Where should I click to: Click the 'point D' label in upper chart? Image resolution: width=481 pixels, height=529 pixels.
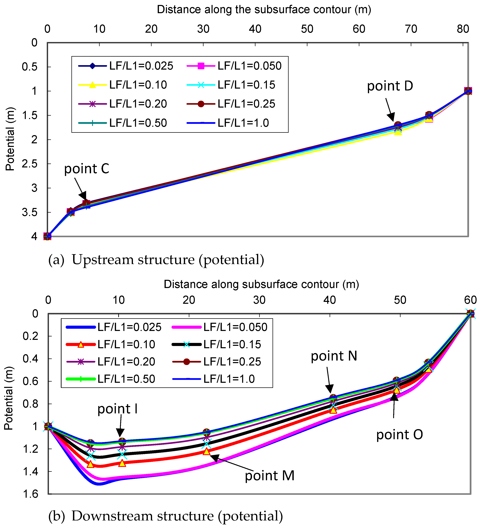390,86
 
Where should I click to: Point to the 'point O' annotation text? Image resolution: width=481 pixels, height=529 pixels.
399,435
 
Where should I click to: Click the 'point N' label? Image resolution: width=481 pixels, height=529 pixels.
334,356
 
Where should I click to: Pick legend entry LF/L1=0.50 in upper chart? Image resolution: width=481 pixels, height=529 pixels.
138,123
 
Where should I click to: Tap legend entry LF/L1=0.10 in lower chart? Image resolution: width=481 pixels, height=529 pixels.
126,344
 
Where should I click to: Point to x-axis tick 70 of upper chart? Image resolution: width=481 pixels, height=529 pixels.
411,29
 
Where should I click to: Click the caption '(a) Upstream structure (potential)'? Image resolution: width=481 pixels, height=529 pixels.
156,260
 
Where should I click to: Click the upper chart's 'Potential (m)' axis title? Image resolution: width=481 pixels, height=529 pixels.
10,139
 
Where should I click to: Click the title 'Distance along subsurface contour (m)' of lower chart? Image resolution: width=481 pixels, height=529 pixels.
261,284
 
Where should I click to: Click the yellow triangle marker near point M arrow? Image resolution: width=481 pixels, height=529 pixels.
207,451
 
